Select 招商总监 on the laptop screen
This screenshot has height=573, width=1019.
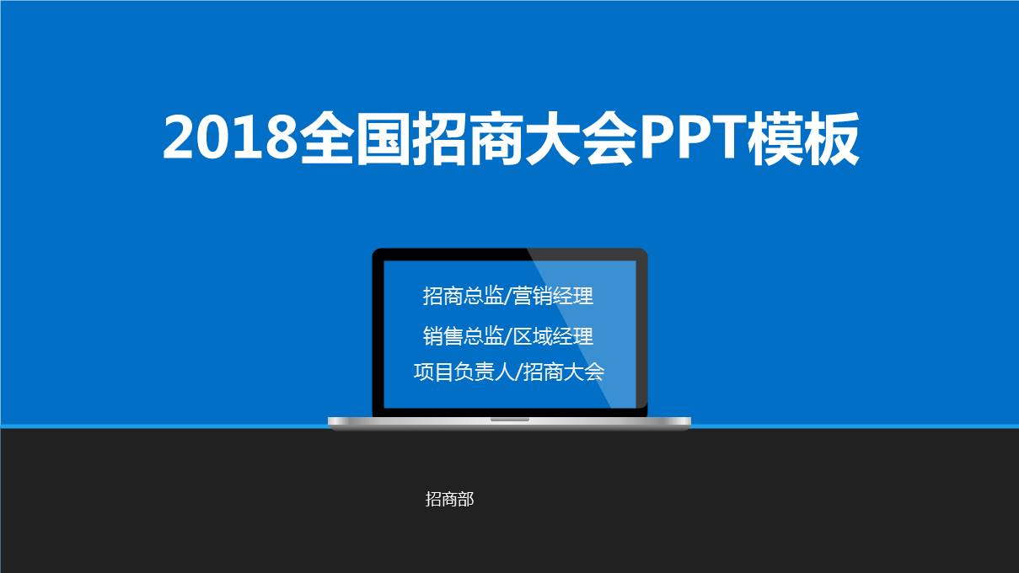point(463,297)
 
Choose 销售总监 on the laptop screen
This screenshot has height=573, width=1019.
point(463,336)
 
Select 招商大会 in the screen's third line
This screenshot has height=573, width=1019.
point(564,372)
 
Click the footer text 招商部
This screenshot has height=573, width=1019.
point(450,500)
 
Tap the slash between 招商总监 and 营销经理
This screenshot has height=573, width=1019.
point(507,297)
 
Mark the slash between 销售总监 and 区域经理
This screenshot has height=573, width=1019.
point(507,336)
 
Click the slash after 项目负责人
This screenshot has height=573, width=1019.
point(518,372)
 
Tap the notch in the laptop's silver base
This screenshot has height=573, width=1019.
point(509,419)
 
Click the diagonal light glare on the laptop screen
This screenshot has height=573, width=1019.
point(607,337)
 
